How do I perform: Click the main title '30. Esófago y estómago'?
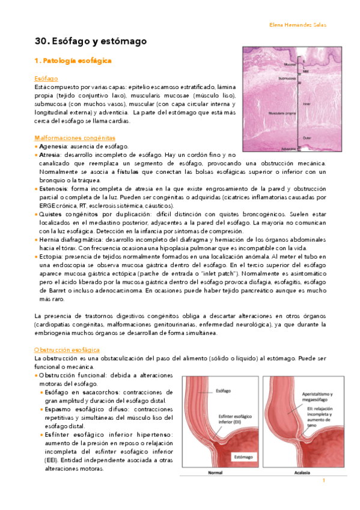click(x=91, y=41)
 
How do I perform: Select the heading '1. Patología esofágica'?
click(x=73, y=61)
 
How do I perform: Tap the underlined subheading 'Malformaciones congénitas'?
click(x=74, y=138)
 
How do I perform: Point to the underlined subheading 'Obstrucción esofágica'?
click(x=67, y=349)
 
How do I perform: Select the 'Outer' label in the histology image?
click(x=307, y=137)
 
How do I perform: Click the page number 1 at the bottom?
click(x=324, y=481)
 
